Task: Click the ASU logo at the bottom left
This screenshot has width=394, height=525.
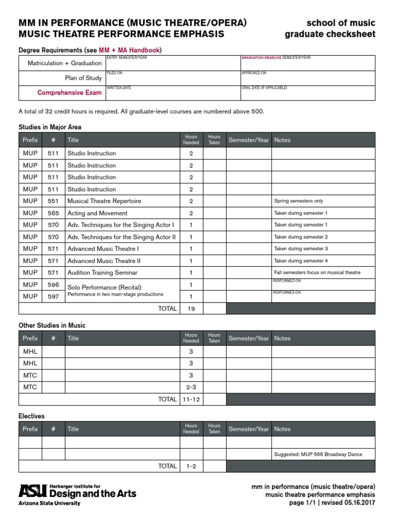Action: pyautogui.click(x=32, y=491)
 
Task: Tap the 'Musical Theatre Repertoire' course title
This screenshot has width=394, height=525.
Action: pyautogui.click(x=104, y=201)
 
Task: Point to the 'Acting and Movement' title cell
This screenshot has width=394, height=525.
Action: pyautogui.click(x=97, y=213)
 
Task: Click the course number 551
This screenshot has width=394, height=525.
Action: pyautogui.click(x=53, y=201)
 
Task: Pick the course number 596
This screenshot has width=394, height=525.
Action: pyautogui.click(x=53, y=285)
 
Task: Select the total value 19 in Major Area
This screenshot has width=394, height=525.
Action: pyautogui.click(x=191, y=309)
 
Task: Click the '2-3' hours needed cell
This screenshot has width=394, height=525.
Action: pyautogui.click(x=191, y=387)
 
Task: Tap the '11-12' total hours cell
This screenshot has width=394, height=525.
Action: pyautogui.click(x=191, y=399)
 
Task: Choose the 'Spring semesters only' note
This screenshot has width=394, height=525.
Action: pyautogui.click(x=299, y=201)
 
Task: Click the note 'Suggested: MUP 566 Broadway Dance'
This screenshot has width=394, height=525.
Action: pyautogui.click(x=318, y=454)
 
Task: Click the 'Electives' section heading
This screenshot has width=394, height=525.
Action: pyautogui.click(x=31, y=416)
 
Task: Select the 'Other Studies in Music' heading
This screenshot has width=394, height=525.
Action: pyautogui.click(x=52, y=326)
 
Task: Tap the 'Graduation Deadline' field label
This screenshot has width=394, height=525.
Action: pyautogui.click(x=261, y=58)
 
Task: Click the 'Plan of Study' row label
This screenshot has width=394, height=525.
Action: pyautogui.click(x=79, y=78)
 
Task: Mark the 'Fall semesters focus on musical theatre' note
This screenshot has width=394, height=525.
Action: pyautogui.click(x=317, y=273)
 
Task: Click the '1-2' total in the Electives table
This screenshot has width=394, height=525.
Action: pyautogui.click(x=191, y=467)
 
